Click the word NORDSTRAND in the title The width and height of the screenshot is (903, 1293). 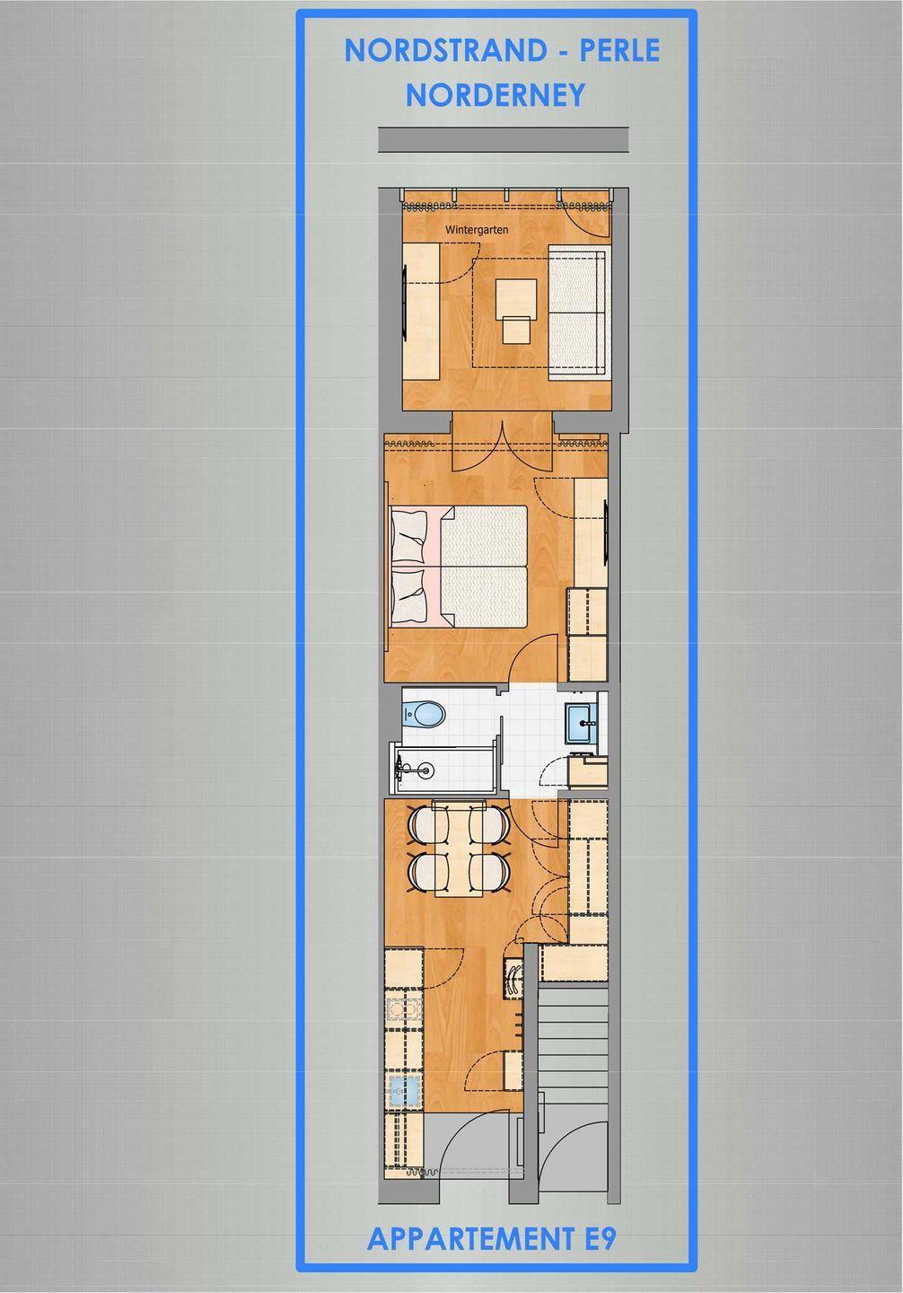[445, 51]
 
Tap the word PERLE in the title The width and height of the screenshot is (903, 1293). [619, 51]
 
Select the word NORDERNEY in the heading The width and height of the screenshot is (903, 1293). [495, 95]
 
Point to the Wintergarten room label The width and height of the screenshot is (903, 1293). [477, 230]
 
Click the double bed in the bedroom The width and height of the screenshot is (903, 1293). [459, 567]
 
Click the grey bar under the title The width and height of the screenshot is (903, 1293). [504, 139]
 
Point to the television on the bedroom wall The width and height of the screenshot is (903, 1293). [605, 533]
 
